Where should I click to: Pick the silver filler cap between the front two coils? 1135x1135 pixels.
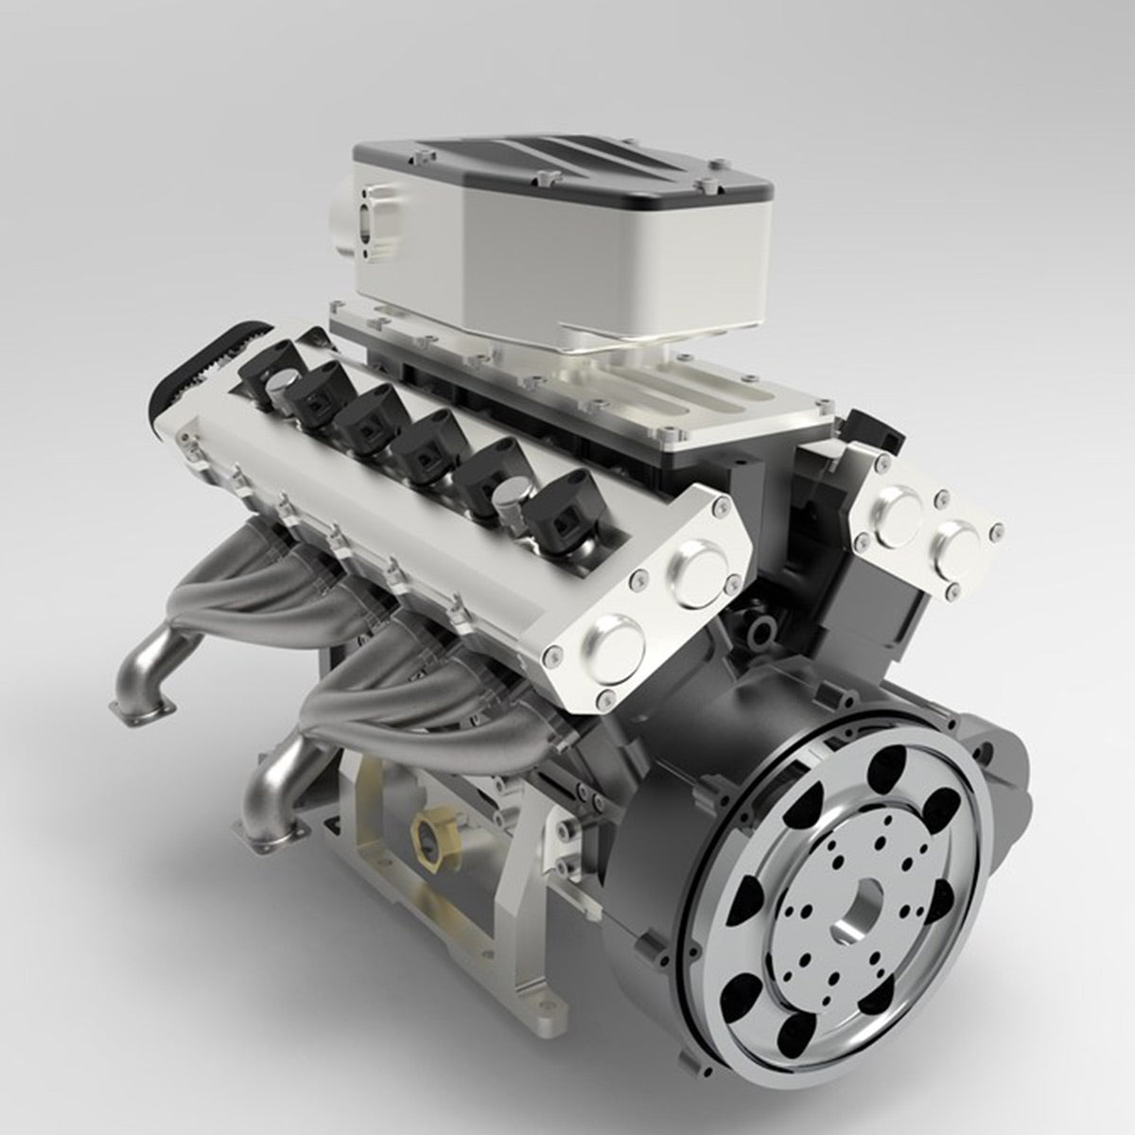[x=510, y=510]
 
